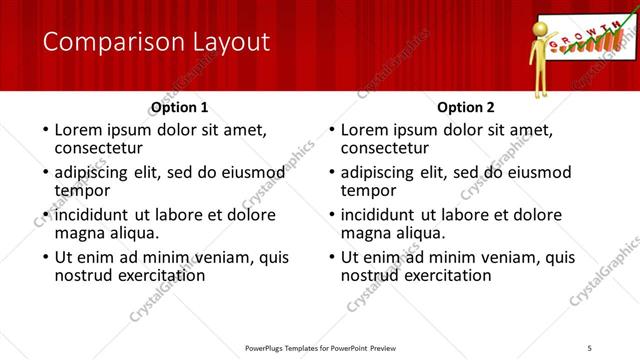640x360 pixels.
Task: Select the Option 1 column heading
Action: tap(180, 107)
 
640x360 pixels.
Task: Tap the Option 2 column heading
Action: tap(466, 107)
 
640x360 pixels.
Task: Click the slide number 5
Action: tap(590, 347)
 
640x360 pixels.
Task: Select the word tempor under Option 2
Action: tap(369, 190)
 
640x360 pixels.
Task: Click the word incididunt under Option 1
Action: tap(93, 215)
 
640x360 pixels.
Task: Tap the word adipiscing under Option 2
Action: tap(381, 172)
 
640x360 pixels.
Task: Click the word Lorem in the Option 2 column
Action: tap(364, 130)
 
